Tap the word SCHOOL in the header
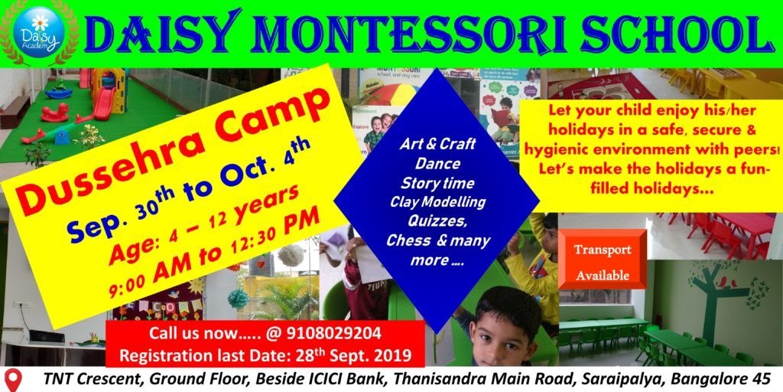click(x=673, y=34)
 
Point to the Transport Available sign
click(x=603, y=262)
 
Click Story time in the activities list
click(x=437, y=184)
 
